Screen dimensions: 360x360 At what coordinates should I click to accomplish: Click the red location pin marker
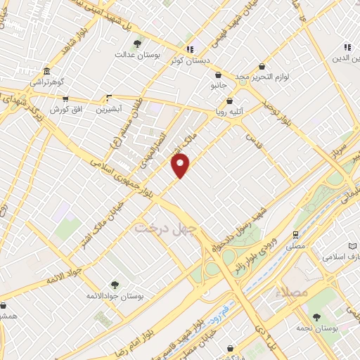[181, 165]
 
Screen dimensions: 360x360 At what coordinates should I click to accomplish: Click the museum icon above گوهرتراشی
[47, 72]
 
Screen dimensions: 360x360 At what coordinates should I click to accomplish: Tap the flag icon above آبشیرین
[108, 98]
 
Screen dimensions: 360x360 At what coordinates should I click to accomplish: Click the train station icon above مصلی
[295, 236]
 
